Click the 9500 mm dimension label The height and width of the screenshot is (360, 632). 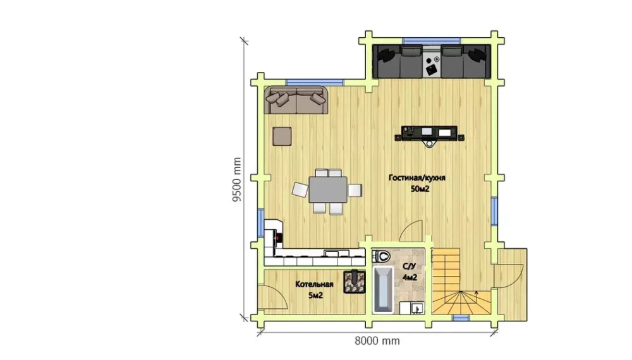coord(236,179)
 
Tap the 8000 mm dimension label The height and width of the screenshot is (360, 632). coord(377,341)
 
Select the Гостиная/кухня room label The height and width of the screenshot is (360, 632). coord(416,177)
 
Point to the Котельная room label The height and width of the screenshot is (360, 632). coord(314,284)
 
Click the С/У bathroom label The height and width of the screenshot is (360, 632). coord(409,266)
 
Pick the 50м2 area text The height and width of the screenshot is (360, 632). coord(420,189)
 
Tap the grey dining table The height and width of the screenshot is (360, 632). coord(328,189)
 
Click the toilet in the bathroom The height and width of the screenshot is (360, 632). coord(381,256)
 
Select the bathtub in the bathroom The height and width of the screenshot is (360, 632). coord(383,289)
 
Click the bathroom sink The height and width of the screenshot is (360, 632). coord(416,308)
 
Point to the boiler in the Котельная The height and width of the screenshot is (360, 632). coord(355,282)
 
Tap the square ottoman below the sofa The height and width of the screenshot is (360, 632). coord(282,136)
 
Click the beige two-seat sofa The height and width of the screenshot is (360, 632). coord(296,100)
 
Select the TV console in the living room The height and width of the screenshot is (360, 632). coord(430,133)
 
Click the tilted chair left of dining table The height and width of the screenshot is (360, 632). coord(300,190)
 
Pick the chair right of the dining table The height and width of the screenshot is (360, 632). coord(355,190)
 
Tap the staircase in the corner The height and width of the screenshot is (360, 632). coord(461,281)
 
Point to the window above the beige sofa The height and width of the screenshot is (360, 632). coord(315,83)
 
